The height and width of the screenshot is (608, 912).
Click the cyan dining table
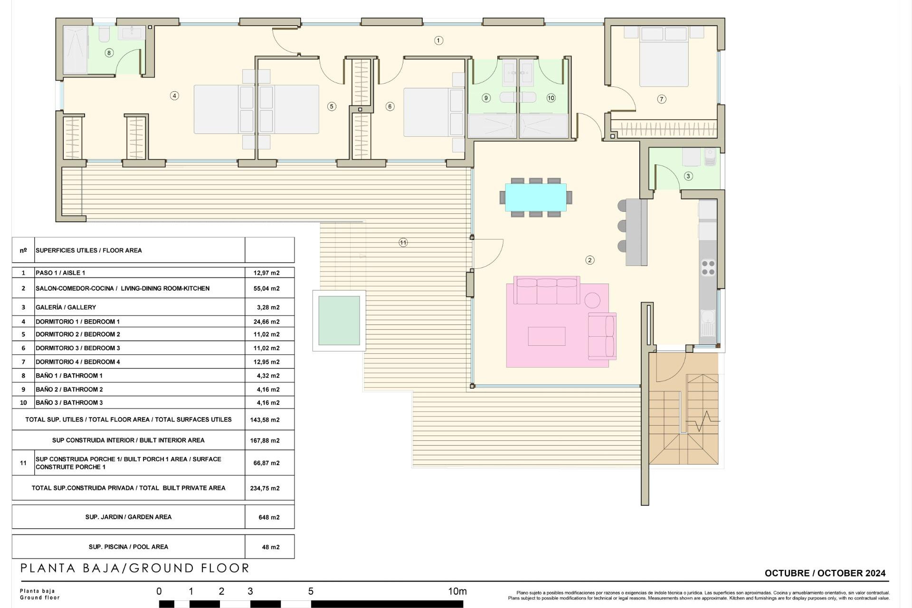(535, 197)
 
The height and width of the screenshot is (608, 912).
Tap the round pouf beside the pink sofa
(592, 300)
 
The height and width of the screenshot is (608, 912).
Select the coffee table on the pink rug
(546, 336)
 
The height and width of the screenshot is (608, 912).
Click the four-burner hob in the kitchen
(708, 267)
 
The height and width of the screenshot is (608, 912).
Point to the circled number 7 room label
(661, 99)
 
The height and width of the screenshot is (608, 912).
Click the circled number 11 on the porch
(403, 243)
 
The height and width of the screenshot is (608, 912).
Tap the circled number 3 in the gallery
(688, 176)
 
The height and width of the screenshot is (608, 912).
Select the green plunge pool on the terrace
(339, 321)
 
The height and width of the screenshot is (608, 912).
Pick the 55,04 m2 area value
(266, 288)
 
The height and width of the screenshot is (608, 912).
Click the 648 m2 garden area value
(269, 517)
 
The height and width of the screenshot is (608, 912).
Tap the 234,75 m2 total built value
(265, 488)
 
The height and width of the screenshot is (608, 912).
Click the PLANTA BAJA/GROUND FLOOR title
(135, 568)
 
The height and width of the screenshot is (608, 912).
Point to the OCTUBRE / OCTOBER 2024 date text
(825, 573)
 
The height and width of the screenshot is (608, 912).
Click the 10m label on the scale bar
(457, 591)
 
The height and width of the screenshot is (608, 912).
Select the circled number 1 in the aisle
(438, 41)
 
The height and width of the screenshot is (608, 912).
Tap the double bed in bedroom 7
(664, 59)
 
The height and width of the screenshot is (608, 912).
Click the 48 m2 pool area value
(270, 547)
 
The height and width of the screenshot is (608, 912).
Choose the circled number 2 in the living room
(589, 260)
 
